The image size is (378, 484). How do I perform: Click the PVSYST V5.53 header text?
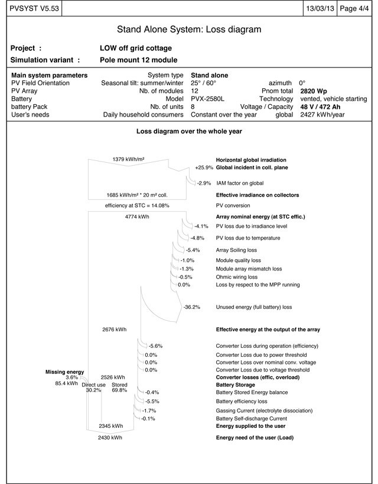(30, 8)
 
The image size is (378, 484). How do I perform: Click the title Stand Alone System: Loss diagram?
(189, 29)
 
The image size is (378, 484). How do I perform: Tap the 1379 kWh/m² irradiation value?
(129, 159)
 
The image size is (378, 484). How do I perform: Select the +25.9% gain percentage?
(203, 168)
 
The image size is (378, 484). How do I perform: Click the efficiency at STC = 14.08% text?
(137, 205)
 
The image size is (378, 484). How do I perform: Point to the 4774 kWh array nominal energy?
(137, 217)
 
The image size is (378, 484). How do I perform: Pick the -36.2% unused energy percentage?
(192, 307)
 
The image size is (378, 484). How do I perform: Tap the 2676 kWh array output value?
(115, 330)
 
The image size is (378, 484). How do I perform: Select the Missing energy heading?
(64, 372)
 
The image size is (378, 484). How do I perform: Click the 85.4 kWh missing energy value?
(66, 383)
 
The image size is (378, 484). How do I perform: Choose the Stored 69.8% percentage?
(119, 390)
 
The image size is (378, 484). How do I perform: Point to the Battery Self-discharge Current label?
(256, 418)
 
